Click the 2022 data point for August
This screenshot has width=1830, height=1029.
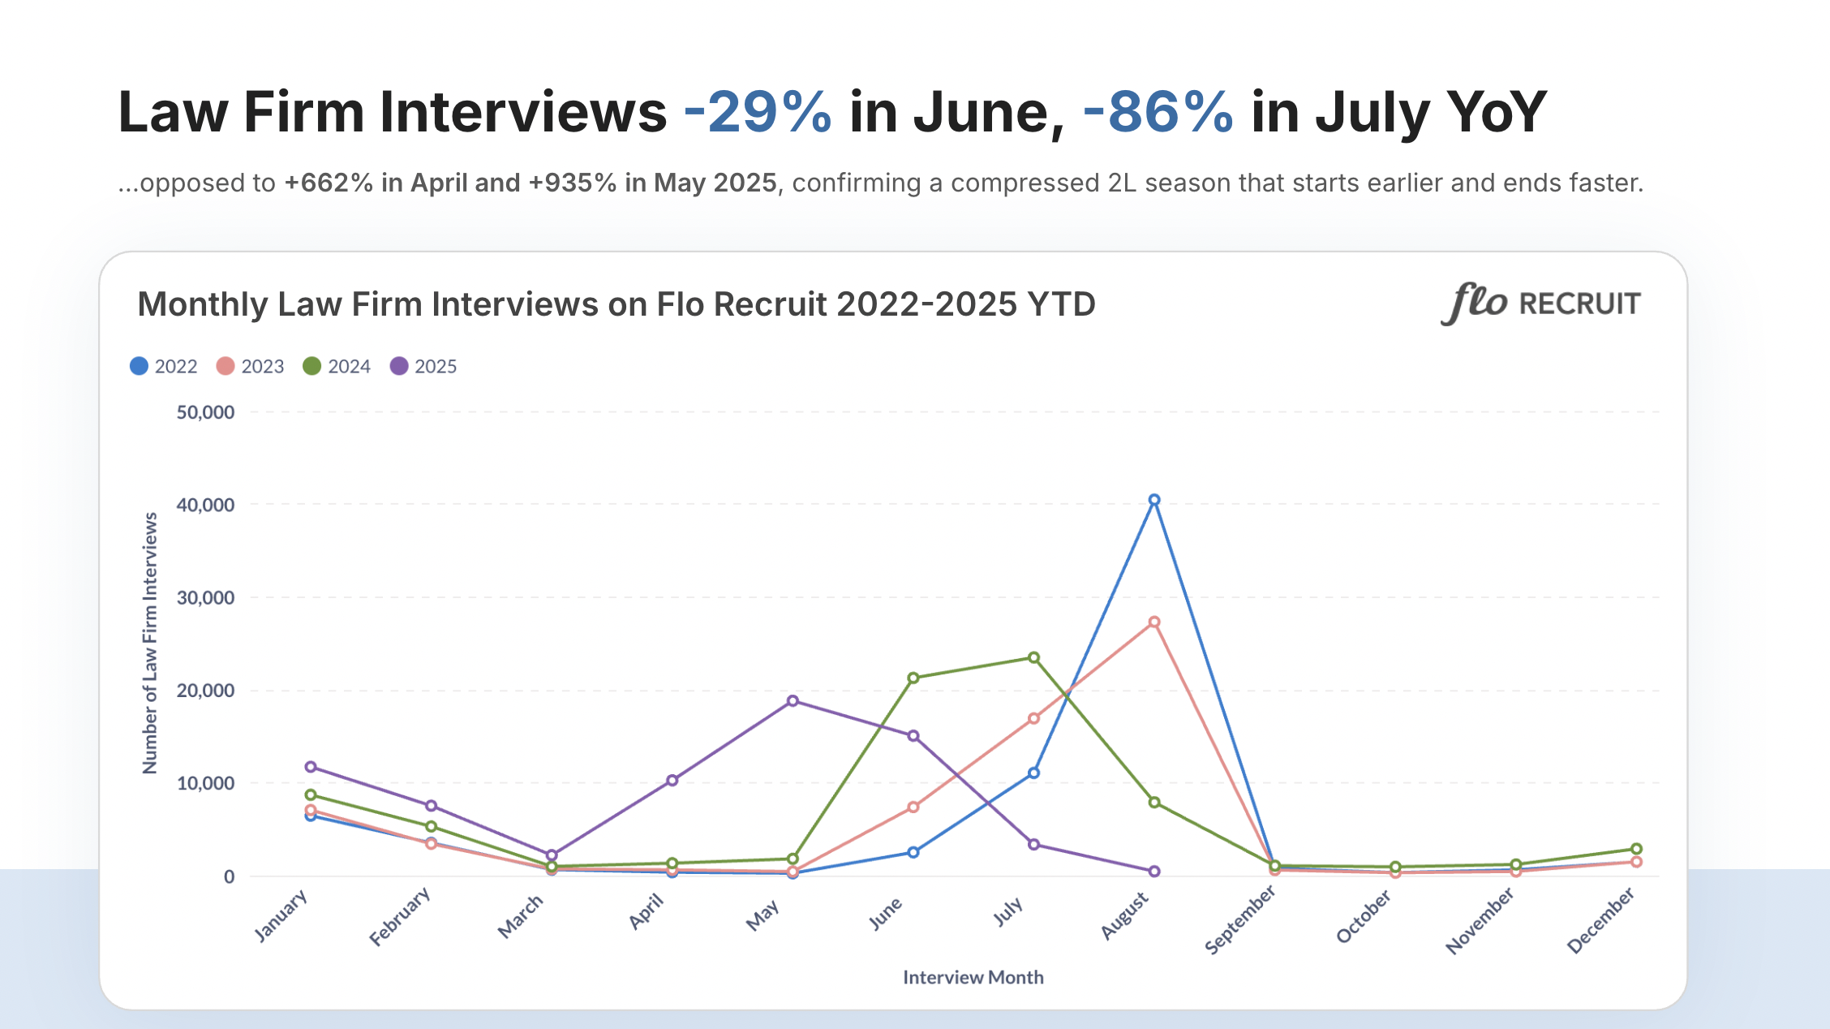coord(1154,500)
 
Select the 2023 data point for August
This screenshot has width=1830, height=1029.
coord(1154,622)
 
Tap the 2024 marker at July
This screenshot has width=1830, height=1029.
coord(1034,657)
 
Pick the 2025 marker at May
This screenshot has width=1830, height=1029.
coord(793,701)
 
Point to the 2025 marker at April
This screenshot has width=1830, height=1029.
coord(672,781)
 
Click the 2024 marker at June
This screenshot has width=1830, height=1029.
coord(913,678)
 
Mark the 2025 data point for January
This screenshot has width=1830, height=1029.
coord(311,767)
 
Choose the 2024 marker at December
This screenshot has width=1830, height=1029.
coord(1636,849)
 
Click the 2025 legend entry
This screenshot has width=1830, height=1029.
coord(423,367)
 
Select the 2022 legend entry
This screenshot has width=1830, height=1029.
coord(164,367)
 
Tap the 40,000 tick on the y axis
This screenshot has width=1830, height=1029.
coord(205,505)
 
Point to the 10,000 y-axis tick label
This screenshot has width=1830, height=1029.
coord(205,783)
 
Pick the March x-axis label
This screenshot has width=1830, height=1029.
coord(521,916)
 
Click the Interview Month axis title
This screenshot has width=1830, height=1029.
coord(973,977)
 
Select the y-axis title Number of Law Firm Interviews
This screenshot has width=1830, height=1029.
coord(150,643)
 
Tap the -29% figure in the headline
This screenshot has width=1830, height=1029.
coord(758,112)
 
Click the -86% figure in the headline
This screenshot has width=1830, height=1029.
coord(1158,112)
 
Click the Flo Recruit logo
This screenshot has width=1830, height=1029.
coord(1540,304)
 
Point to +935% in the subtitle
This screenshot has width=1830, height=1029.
coord(573,183)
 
